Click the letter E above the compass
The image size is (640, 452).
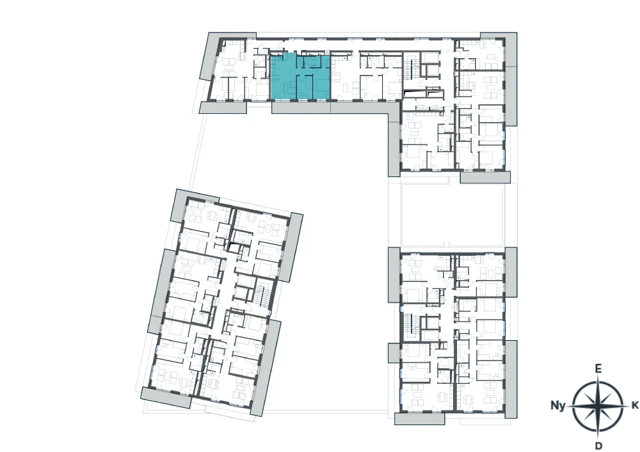coord(598,369)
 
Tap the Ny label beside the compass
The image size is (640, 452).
coord(558,405)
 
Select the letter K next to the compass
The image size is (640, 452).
coord(635,405)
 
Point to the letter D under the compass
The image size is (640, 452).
coord(599,445)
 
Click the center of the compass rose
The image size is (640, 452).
coord(598,406)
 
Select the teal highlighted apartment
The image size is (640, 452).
coord(300,77)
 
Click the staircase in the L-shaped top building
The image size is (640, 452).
coord(412,69)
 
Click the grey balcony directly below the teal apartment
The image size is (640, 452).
coord(301,107)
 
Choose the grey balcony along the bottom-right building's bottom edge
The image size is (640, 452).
coord(420,419)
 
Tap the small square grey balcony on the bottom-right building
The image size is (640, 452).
coord(394,352)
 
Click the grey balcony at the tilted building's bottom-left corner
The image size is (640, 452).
coord(166,397)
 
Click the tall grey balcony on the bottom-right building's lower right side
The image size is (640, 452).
coord(511,379)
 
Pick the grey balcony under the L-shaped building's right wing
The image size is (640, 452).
coord(485,177)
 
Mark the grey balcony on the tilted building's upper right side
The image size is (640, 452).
coord(291,247)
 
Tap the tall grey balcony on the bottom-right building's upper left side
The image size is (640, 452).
coord(394,274)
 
